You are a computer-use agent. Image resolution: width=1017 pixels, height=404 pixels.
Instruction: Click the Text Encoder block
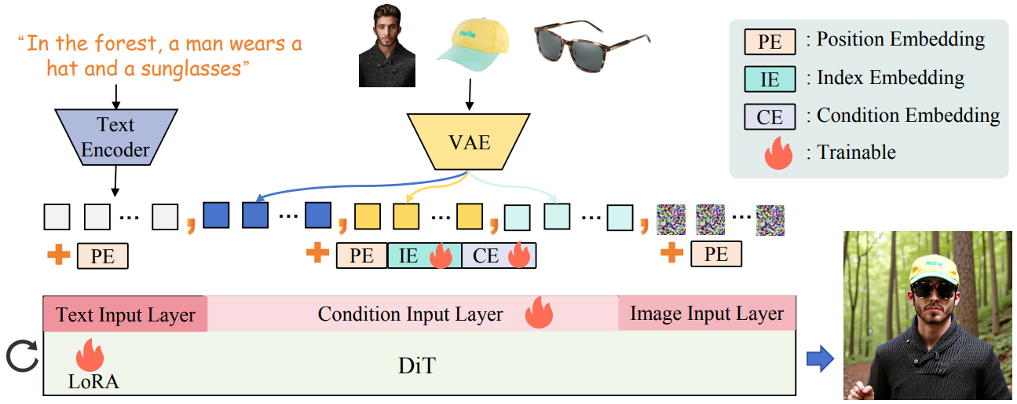click(116, 136)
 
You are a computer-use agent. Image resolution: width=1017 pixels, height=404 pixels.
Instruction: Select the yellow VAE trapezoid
click(470, 142)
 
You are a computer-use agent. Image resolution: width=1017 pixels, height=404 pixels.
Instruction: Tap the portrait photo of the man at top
click(386, 48)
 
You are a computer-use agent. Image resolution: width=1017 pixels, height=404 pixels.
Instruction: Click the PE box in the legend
click(770, 42)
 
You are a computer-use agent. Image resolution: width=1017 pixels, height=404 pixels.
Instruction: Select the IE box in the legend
click(770, 79)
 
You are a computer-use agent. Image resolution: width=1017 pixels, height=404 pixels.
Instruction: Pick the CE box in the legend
click(770, 116)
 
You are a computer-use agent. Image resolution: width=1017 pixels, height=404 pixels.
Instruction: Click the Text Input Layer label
click(126, 315)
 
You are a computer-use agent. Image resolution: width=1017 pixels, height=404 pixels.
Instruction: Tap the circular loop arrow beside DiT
click(21, 358)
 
